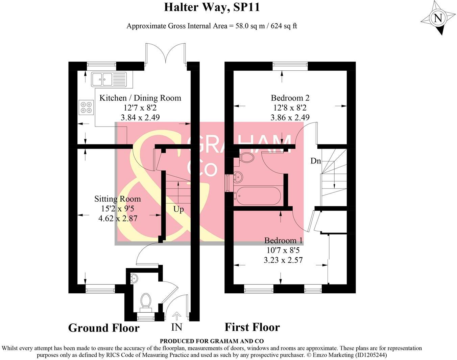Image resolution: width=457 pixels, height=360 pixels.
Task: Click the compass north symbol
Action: point(438,18)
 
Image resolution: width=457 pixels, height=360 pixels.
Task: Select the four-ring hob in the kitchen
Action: point(86,107)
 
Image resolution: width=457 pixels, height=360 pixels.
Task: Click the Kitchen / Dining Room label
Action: point(140,98)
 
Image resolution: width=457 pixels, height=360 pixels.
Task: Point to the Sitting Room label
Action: point(117,199)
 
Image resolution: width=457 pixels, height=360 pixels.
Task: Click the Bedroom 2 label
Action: point(290,98)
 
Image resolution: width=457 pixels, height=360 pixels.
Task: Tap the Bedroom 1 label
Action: point(283,241)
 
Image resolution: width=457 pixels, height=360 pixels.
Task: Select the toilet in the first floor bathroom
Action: point(246,158)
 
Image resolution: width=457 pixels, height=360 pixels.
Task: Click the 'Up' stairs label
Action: point(178,209)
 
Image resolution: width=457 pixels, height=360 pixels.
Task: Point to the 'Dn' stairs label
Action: point(315,161)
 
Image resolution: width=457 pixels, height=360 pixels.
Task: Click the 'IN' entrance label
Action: point(176,327)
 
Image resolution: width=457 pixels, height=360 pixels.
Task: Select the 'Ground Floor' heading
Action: point(104,328)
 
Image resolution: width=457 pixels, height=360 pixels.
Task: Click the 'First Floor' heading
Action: point(252,327)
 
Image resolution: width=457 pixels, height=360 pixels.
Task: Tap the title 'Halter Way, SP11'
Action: point(212,7)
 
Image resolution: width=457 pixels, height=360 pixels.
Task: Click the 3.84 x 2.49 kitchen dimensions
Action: point(140,117)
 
